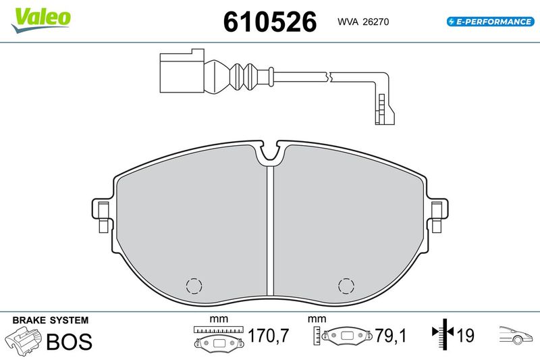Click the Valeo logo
pyautogui.click(x=41, y=20)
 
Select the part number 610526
pyautogui.click(x=270, y=22)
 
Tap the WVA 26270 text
pyautogui.click(x=363, y=22)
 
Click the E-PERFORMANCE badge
pyautogui.click(x=491, y=22)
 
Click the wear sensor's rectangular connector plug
pyautogui.click(x=182, y=71)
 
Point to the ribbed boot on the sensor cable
pyautogui.click(x=242, y=74)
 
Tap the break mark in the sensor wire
pyautogui.click(x=329, y=77)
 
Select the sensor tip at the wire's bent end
pyautogui.click(x=384, y=109)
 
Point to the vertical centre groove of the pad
pyautogui.click(x=270, y=231)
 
